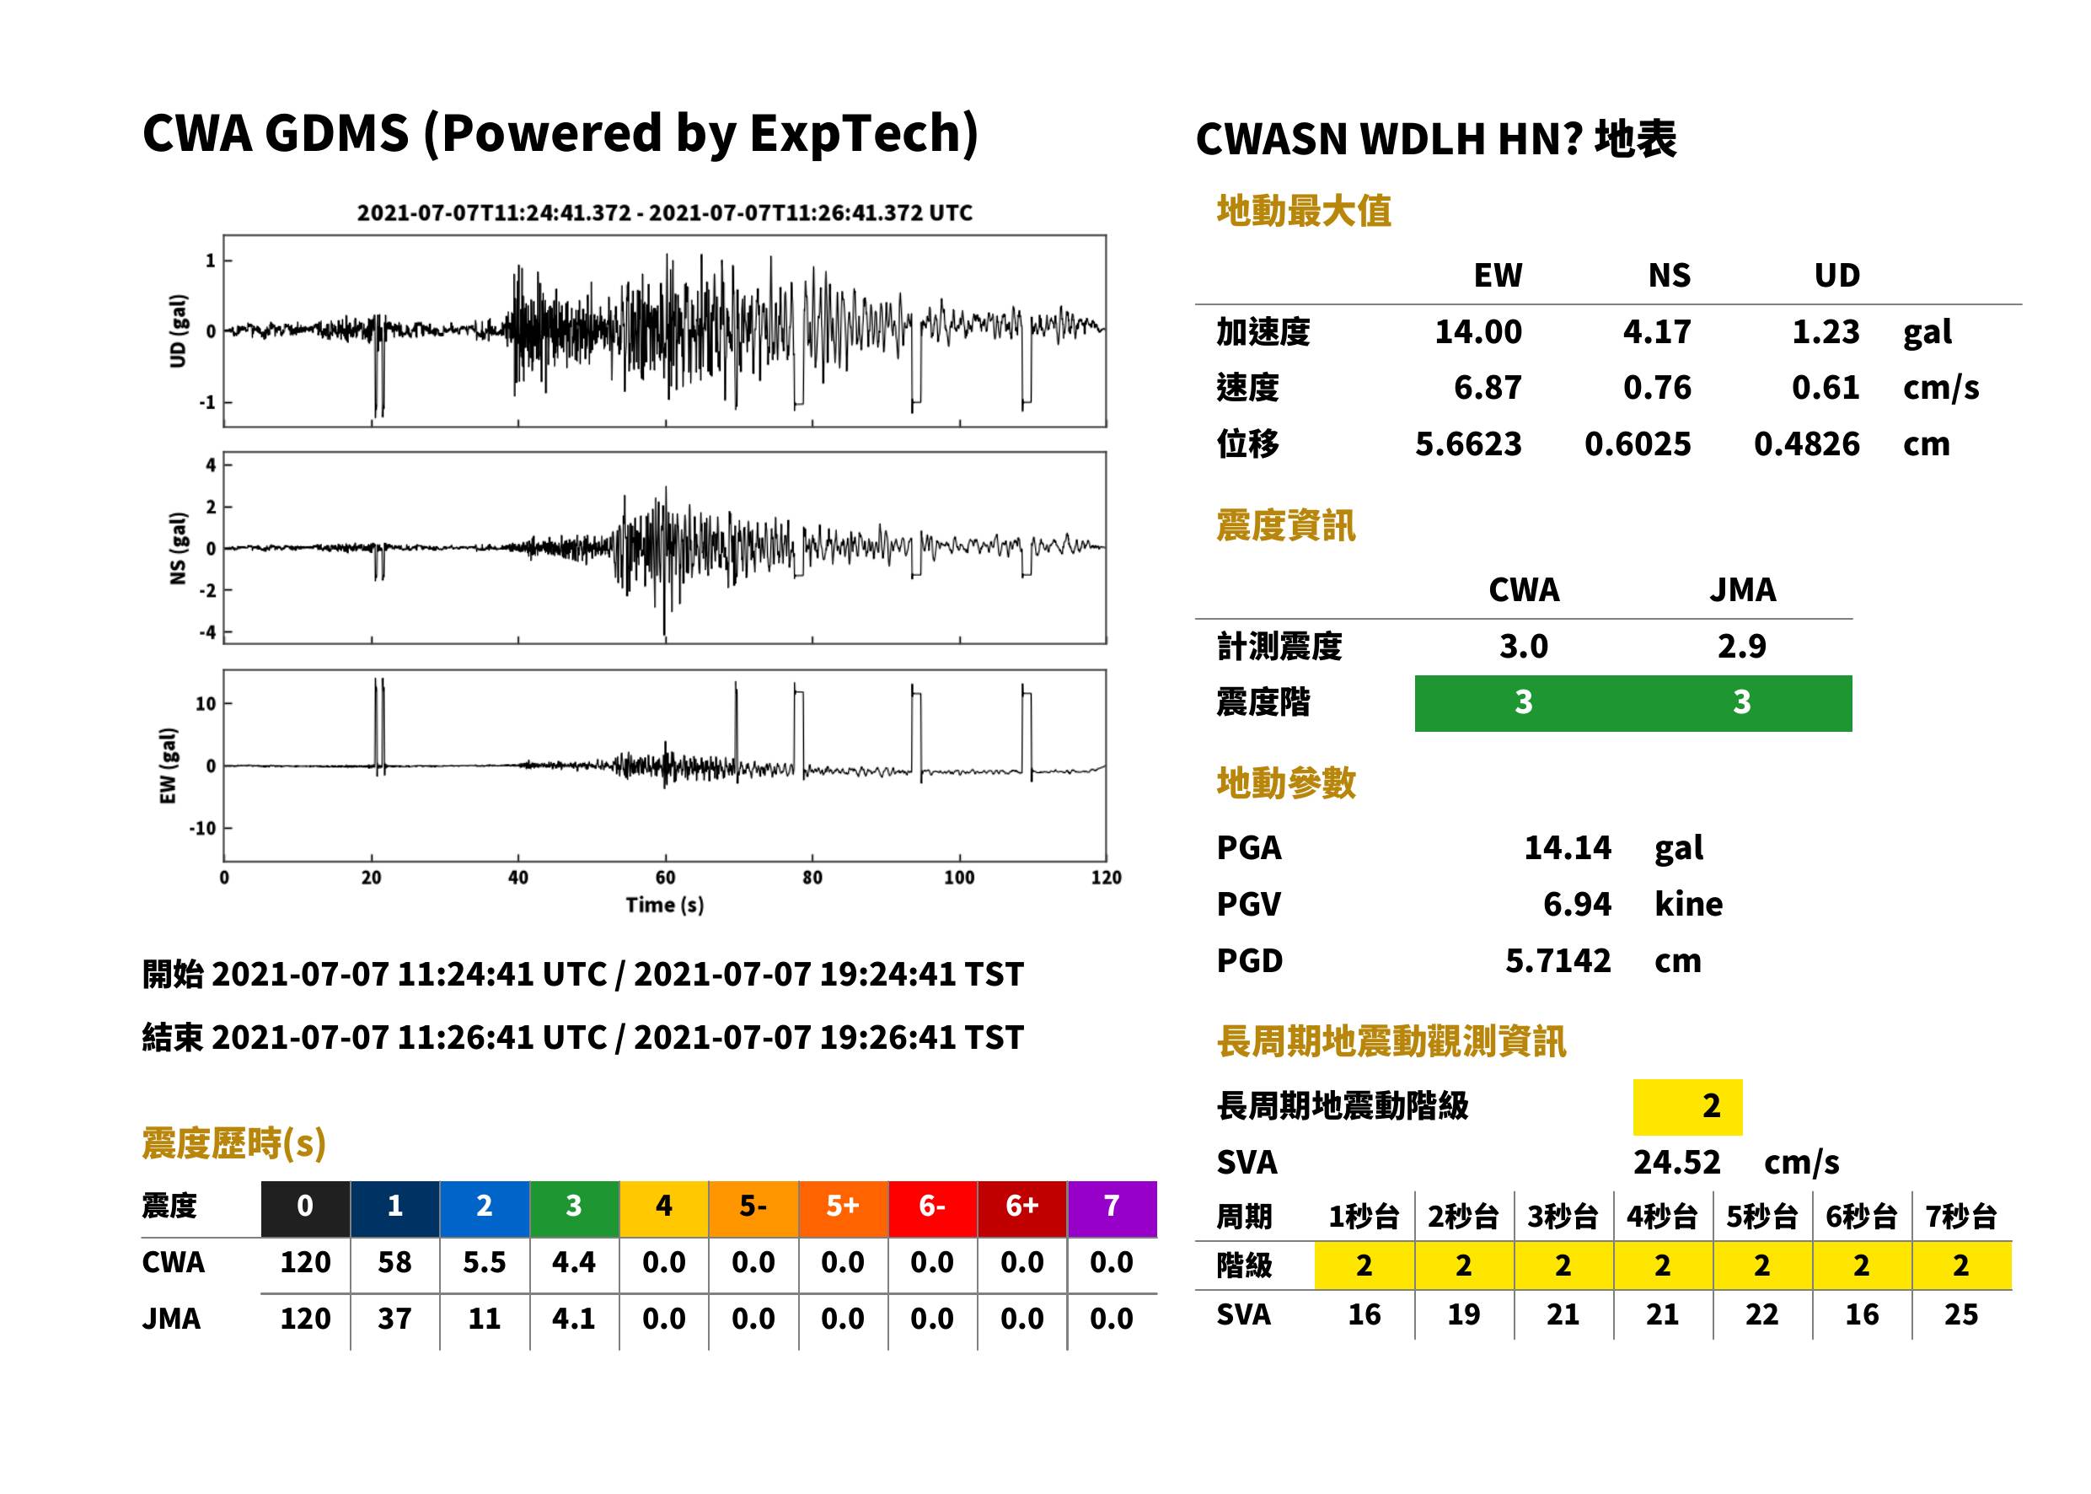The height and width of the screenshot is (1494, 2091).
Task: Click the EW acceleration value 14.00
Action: point(1477,331)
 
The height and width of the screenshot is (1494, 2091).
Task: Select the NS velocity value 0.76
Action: point(1656,387)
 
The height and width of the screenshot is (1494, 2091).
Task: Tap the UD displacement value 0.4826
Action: point(1806,443)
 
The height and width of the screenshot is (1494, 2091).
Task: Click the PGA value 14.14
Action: point(1567,847)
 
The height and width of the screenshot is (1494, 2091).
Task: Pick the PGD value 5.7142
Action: point(1558,960)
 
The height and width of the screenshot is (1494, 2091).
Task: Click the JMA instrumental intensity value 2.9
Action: point(1741,646)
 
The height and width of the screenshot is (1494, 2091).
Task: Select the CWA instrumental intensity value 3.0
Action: point(1524,646)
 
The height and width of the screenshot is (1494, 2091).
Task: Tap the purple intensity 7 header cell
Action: point(1112,1206)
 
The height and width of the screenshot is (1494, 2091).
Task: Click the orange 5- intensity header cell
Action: point(753,1206)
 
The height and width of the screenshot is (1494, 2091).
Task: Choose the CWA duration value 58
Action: point(394,1262)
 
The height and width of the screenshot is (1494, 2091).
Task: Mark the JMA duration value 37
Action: point(394,1319)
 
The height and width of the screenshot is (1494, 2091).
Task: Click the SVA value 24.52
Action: point(1676,1162)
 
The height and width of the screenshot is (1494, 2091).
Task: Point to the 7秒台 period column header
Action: point(1960,1216)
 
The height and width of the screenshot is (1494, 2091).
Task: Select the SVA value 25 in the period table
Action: point(1960,1314)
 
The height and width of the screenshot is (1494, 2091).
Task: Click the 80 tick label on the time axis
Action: point(812,878)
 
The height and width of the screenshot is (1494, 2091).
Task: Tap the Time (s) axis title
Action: point(665,906)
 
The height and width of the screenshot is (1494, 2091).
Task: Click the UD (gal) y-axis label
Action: point(178,331)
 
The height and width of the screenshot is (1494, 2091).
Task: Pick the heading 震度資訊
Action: point(1285,525)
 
